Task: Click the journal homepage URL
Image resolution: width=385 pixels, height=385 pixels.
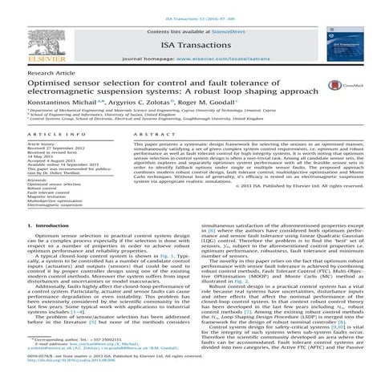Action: [238, 59]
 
